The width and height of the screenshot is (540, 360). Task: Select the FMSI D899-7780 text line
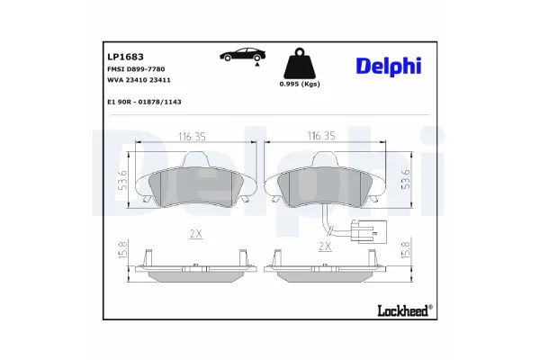pos(130,69)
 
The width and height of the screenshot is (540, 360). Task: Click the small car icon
pos(242,56)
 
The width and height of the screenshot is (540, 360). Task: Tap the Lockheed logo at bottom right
pos(400,310)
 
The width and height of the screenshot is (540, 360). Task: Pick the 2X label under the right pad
pos(325,245)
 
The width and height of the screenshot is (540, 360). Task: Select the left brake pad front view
pos(196,184)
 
